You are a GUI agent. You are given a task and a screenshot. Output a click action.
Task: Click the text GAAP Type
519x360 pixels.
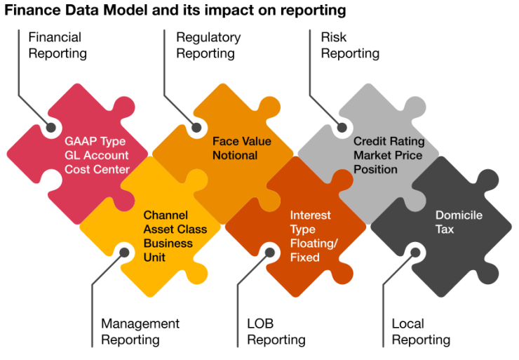pos(95,141)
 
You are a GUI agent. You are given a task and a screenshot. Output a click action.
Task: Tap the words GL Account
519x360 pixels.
pos(97,155)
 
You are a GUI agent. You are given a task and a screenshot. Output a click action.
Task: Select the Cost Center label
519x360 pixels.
pos(97,169)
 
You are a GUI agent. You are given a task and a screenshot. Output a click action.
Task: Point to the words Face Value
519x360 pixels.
pos(242,141)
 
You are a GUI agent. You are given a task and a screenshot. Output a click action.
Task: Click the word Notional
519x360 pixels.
pos(235,155)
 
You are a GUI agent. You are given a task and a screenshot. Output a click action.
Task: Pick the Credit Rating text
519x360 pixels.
pos(389,141)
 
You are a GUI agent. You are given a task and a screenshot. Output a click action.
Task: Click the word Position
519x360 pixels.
pos(375,169)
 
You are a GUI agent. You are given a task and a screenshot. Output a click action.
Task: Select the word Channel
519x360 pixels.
pos(166,215)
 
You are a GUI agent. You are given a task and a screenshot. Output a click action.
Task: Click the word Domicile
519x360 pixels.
pos(459,215)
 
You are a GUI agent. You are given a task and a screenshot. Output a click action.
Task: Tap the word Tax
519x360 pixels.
pos(445,229)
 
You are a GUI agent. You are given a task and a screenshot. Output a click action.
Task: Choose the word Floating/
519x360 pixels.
pos(314,244)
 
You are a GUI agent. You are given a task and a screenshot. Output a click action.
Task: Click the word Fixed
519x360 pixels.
pos(304,258)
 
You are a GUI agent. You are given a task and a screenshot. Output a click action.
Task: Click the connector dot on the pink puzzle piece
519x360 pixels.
pos(51,128)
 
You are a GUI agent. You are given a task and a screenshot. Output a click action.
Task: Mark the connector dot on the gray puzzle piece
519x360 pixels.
pos(342,128)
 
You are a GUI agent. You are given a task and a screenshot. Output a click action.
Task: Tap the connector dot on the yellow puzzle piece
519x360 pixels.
pos(125,251)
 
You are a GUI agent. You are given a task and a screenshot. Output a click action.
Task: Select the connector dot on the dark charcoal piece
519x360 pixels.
pos(415,251)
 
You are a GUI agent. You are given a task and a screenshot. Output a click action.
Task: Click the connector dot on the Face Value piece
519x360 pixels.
pos(196,128)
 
